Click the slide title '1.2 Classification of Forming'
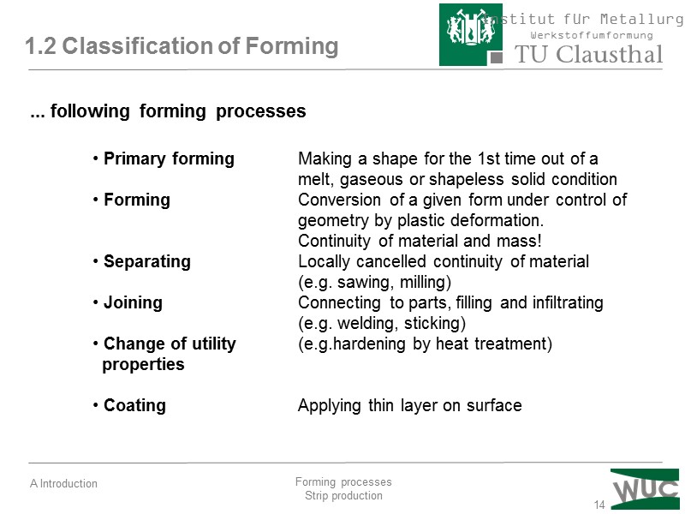click(182, 46)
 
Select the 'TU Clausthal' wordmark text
click(588, 55)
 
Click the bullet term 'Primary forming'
click(169, 159)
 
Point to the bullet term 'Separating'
click(146, 262)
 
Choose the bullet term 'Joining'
click(133, 303)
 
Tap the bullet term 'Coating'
click(134, 406)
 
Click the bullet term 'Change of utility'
click(170, 344)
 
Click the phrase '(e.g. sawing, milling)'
click(374, 283)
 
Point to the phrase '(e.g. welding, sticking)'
click(381, 324)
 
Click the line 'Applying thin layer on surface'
click(409, 406)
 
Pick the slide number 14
click(599, 505)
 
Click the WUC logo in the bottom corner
click(645, 488)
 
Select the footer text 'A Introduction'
click(63, 484)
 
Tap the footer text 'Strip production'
click(343, 496)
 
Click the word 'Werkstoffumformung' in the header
click(592, 35)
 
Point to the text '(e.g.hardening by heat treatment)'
click(425, 344)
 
